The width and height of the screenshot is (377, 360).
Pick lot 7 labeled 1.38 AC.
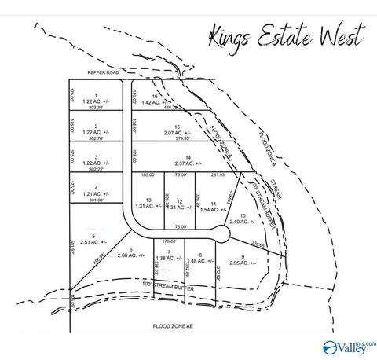tap(164, 256)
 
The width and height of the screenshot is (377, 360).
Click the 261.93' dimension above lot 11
tap(217, 174)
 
